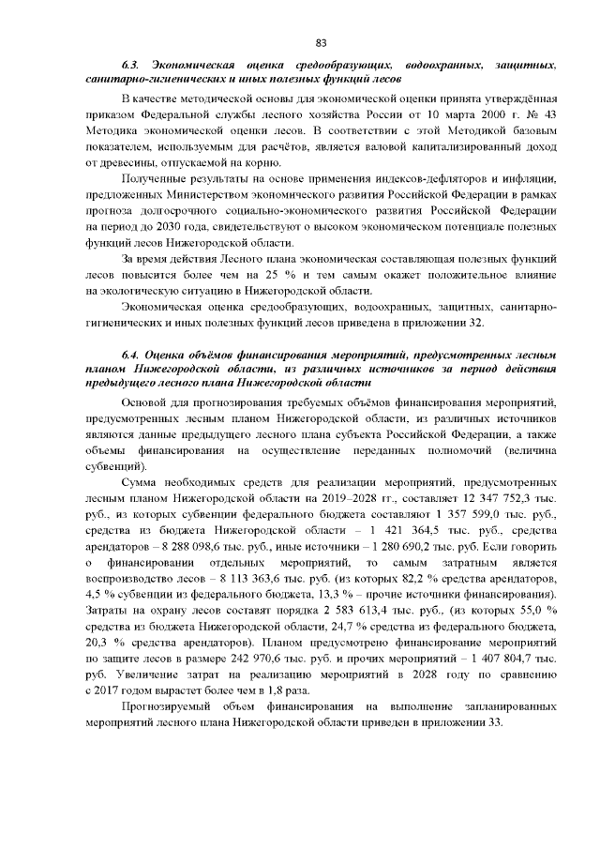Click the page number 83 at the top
tap(320, 42)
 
